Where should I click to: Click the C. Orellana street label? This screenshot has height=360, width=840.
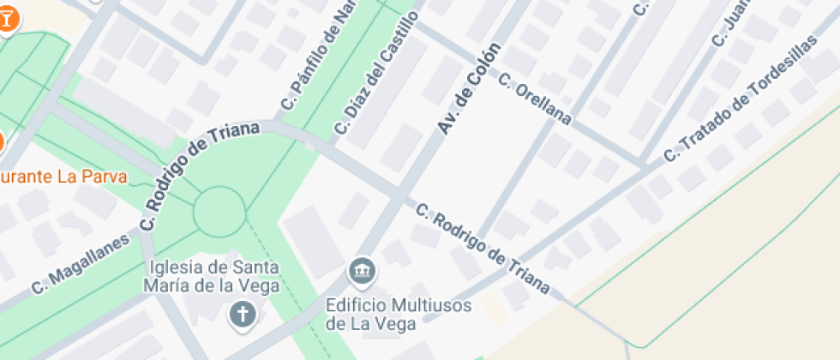[534, 98]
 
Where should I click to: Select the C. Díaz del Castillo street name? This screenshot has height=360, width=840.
[375, 74]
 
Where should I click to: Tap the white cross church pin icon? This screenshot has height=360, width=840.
[243, 314]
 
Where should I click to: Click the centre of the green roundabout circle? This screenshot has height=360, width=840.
[219, 211]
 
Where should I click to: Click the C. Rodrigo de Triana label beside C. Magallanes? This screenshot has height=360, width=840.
[199, 176]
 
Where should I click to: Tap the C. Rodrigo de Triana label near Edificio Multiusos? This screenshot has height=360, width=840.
[483, 249]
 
